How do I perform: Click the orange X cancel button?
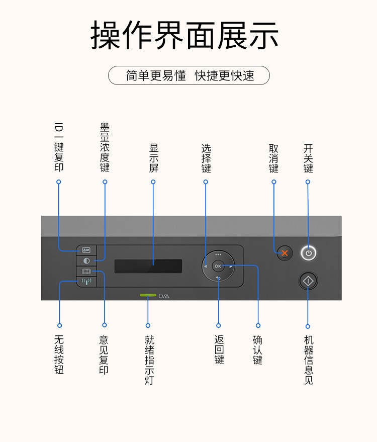(x=285, y=253)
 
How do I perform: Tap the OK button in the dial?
(x=218, y=266)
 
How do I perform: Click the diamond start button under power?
(x=308, y=280)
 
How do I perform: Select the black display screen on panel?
(x=148, y=266)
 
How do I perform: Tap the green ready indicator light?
(x=148, y=296)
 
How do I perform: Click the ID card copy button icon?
(x=86, y=250)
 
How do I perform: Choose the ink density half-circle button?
(x=86, y=261)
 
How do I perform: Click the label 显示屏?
(x=153, y=158)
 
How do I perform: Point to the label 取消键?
(x=273, y=158)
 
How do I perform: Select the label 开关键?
(x=308, y=158)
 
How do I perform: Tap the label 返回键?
(x=219, y=349)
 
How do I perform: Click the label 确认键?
(x=258, y=349)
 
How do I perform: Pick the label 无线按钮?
(x=59, y=355)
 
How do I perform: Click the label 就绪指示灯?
(x=149, y=360)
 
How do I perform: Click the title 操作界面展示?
(x=184, y=35)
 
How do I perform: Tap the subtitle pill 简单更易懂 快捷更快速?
(x=189, y=75)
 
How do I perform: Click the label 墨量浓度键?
(x=105, y=148)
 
